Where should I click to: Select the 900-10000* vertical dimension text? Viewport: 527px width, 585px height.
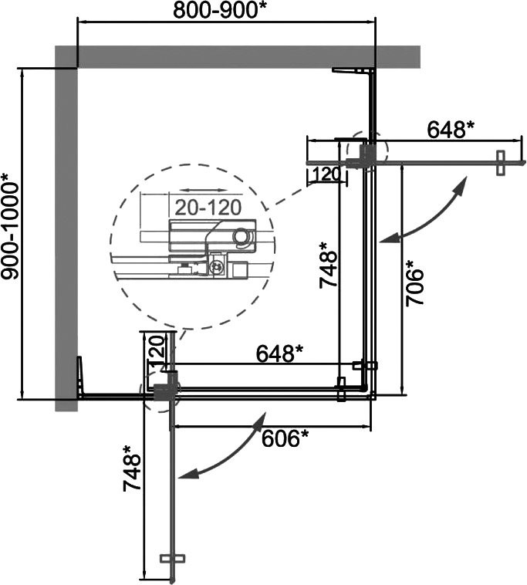click(10, 226)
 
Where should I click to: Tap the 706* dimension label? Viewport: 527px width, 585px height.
click(415, 283)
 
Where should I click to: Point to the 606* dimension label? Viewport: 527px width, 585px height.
click(285, 438)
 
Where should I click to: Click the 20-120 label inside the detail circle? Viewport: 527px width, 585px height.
click(208, 208)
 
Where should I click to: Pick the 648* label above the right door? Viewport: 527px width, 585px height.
click(450, 130)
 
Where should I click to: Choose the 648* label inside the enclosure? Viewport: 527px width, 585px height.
click(279, 353)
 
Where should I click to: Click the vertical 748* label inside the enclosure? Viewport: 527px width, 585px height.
click(328, 265)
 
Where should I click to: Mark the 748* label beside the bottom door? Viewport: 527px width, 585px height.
click(132, 468)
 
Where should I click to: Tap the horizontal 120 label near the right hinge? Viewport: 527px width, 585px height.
click(326, 174)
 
